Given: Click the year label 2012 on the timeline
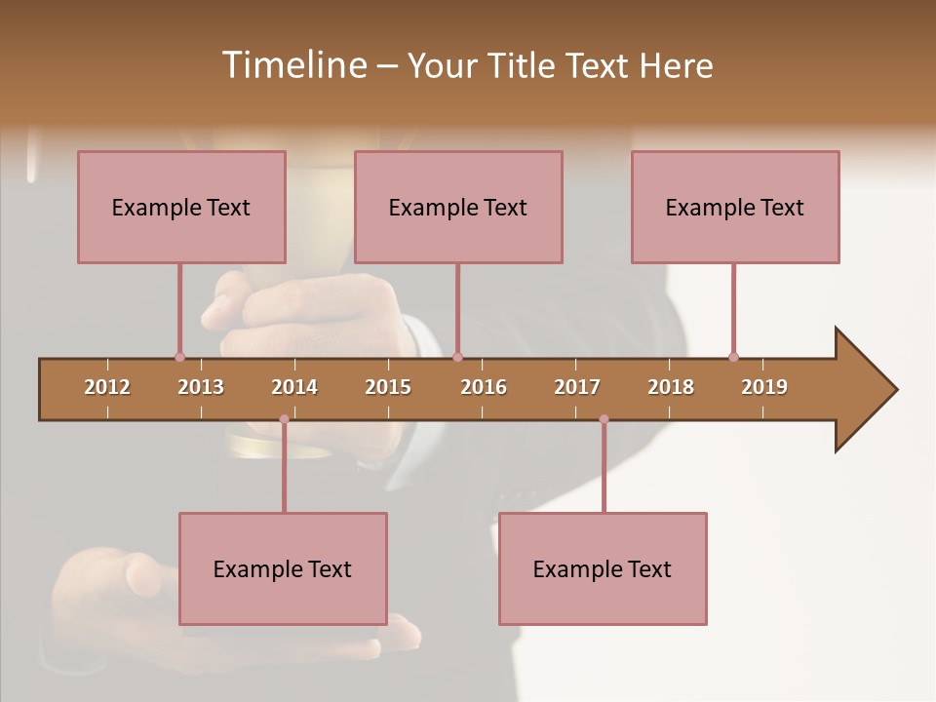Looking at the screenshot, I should point(107,387).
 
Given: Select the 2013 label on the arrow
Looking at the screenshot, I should point(201,387).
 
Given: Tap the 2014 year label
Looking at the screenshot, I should point(294,387).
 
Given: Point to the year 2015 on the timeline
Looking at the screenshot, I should point(388,387).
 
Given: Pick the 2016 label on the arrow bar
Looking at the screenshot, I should point(484,387).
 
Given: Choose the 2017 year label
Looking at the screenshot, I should point(577,387).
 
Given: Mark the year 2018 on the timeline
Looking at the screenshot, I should point(671,387).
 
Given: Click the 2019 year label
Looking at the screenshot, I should point(764,387).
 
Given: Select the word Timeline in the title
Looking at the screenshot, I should point(292,65).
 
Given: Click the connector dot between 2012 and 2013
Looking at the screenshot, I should point(179,357).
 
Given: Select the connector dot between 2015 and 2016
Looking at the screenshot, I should point(457,357).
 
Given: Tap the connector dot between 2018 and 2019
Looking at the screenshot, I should point(733,357).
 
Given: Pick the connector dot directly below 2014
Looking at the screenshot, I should point(284,419).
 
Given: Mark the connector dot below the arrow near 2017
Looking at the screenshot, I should point(604,419).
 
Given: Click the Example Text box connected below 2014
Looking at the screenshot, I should point(283,568).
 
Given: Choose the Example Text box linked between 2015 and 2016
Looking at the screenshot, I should point(458,207).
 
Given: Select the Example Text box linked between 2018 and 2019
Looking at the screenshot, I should point(735,207).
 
